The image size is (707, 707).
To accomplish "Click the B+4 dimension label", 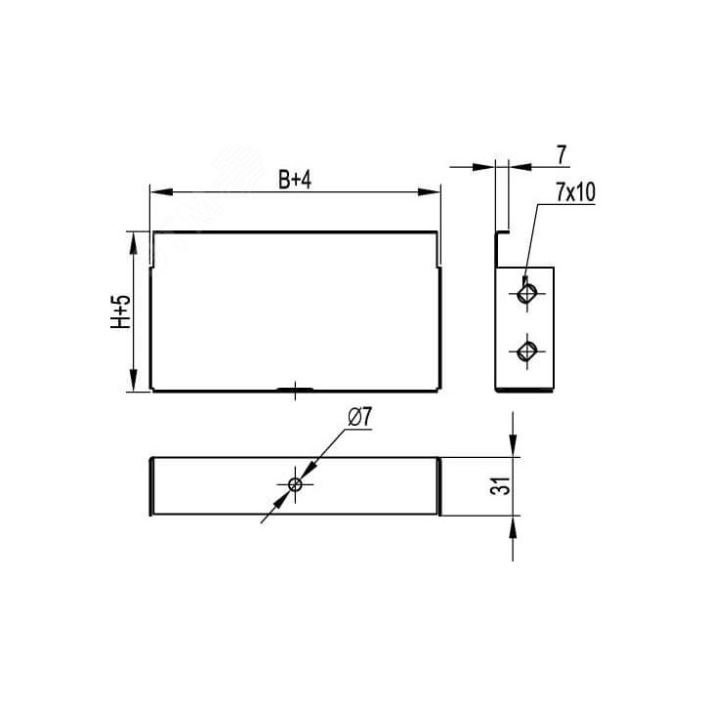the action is coord(295,181).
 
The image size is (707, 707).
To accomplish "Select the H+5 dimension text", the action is coord(120,312).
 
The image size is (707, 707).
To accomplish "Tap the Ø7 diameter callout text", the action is coord(359,418).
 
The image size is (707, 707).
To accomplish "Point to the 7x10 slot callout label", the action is coord(575,192).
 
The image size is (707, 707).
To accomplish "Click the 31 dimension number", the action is coord(501,485).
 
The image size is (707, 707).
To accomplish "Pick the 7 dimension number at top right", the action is coord(561,155).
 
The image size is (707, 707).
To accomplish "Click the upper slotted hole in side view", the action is coord(526,294).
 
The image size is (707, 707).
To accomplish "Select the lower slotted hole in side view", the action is coord(526,351).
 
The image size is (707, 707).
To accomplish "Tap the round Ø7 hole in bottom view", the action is coord(295,484).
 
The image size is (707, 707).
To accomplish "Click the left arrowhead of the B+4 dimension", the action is coord(161,192).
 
